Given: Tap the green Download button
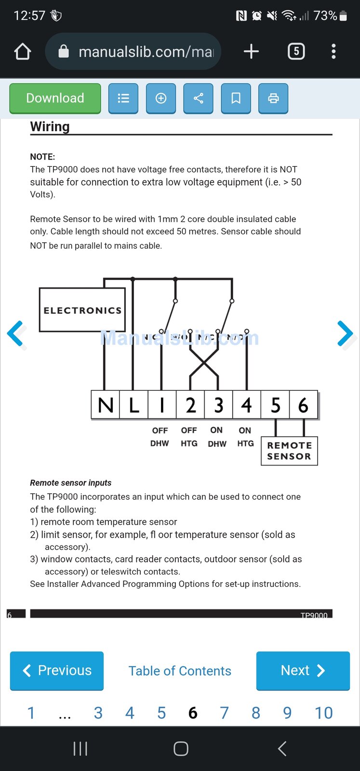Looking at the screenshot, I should pyautogui.click(x=55, y=98).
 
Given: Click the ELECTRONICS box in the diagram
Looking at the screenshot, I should pyautogui.click(x=82, y=310).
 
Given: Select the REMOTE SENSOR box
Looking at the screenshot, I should pyautogui.click(x=289, y=451).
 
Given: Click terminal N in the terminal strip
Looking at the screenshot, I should pyautogui.click(x=106, y=405).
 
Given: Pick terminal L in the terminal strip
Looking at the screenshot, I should pyautogui.click(x=134, y=405).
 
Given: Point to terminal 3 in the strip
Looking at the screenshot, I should pyautogui.click(x=219, y=405).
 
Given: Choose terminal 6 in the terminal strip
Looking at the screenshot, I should pyautogui.click(x=304, y=405).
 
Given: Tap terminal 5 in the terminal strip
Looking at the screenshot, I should pyautogui.click(x=275, y=405).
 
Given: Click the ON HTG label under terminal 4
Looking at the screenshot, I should pyautogui.click(x=245, y=437).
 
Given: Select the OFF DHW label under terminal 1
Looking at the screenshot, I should pyautogui.click(x=160, y=437).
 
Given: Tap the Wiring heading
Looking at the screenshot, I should pyautogui.click(x=50, y=127).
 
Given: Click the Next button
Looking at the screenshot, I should pyautogui.click(x=303, y=670).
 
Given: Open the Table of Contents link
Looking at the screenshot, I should pyautogui.click(x=180, y=671).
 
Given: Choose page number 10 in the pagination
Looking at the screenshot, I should pyautogui.click(x=323, y=713).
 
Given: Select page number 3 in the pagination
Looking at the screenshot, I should pyautogui.click(x=98, y=713).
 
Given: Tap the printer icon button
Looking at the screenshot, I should pyautogui.click(x=273, y=98).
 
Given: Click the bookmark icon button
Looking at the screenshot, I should pyautogui.click(x=236, y=98).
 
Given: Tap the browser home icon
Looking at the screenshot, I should pyautogui.click(x=23, y=52).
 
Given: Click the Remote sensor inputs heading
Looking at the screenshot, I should pyautogui.click(x=71, y=483).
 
